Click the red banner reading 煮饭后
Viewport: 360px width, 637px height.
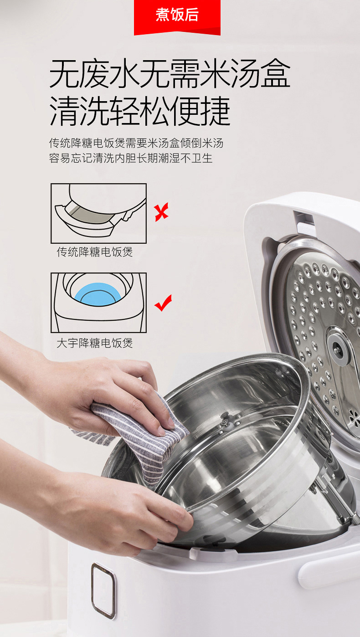(x=177, y=17)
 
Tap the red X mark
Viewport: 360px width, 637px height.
(x=161, y=212)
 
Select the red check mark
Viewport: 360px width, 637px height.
(x=163, y=303)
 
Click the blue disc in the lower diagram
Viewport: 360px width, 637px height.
(x=98, y=295)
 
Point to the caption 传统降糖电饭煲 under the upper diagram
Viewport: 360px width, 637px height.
(x=95, y=252)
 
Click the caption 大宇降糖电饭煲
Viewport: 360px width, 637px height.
(x=95, y=343)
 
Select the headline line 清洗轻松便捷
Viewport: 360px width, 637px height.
(x=139, y=111)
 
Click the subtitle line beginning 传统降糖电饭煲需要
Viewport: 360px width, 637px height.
(x=136, y=143)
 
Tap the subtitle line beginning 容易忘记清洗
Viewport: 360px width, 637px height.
(x=131, y=158)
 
